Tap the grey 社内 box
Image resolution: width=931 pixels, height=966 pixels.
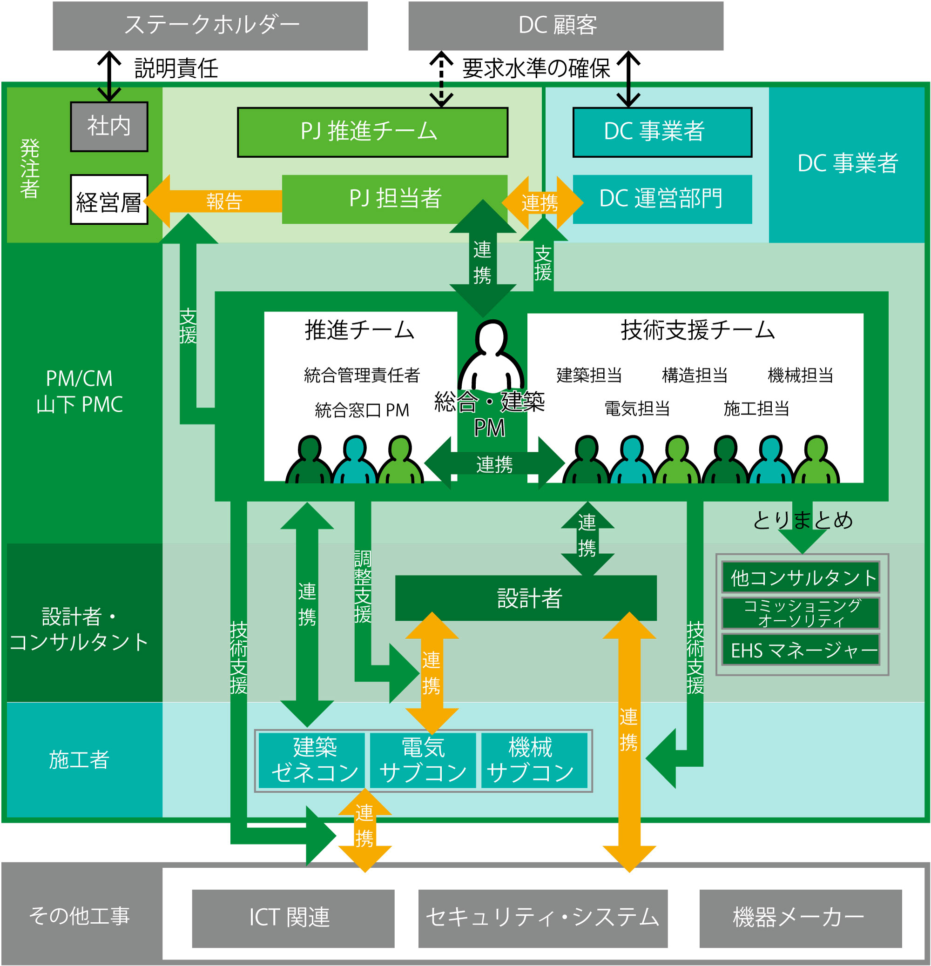click(109, 127)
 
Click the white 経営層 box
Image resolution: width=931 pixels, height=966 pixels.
click(109, 200)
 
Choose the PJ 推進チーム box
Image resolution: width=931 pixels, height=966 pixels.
click(372, 132)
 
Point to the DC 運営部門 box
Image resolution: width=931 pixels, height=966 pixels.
click(662, 199)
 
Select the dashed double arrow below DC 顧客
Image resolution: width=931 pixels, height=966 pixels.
click(441, 79)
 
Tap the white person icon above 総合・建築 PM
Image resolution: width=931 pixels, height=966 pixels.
click(491, 355)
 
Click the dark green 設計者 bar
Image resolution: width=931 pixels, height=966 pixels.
click(526, 598)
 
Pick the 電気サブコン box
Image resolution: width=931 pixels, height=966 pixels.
click(423, 760)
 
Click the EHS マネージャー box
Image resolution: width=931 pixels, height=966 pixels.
click(800, 650)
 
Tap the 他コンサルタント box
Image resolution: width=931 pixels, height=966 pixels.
click(800, 577)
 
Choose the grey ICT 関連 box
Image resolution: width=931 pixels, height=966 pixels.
click(293, 918)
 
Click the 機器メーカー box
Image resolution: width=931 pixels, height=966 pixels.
click(800, 918)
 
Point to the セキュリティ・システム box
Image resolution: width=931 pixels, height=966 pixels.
click(542, 918)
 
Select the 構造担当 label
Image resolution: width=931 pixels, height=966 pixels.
click(695, 376)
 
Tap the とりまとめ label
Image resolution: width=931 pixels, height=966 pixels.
click(803, 520)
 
